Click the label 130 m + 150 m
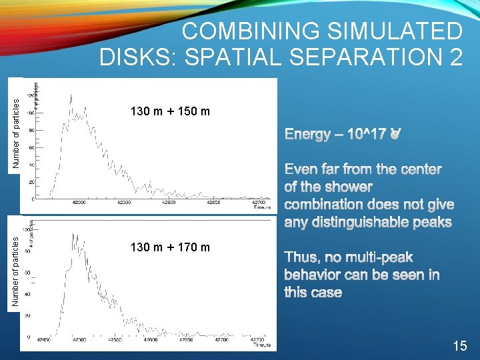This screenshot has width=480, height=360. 171,111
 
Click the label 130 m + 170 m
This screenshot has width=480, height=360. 171,248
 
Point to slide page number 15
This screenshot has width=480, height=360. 459,345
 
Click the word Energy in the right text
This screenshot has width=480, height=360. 307,135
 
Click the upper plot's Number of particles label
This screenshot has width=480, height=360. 17,124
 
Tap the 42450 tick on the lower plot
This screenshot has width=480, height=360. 45,339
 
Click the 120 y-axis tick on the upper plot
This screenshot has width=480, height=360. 30,95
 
